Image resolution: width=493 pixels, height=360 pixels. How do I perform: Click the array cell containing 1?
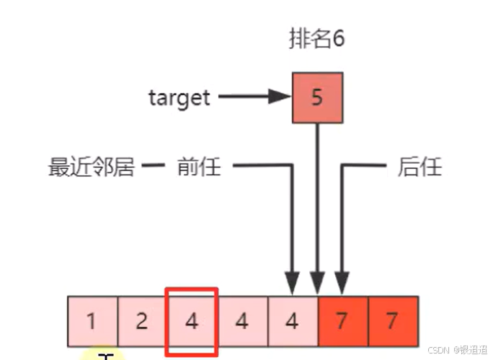[92, 320]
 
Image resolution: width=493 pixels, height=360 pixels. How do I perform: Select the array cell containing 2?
[142, 320]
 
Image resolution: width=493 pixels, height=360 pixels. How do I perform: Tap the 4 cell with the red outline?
[192, 320]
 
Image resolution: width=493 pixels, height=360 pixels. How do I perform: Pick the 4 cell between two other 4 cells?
[242, 320]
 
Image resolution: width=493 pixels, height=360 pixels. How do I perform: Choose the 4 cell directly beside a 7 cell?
[293, 320]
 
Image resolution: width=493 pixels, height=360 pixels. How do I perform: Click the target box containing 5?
[317, 97]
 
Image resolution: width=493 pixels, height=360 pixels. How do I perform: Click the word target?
[179, 97]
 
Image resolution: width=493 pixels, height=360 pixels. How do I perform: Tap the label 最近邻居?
[92, 167]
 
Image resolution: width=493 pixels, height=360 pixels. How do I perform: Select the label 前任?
[199, 167]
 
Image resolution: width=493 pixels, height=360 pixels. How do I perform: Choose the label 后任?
[419, 167]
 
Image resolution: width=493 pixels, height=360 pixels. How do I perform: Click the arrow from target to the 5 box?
[252, 96]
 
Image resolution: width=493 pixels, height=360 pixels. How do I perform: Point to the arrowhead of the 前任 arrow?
[292, 283]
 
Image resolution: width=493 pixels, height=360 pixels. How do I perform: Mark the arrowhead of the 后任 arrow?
[342, 283]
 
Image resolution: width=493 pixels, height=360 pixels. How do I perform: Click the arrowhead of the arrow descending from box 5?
[317, 283]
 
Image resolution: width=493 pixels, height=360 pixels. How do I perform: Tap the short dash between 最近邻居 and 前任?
[154, 167]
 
